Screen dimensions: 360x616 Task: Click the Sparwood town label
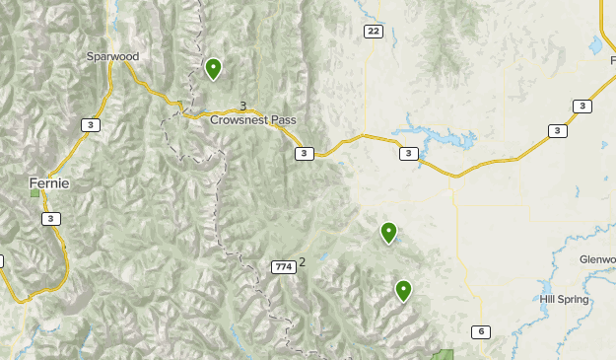(x=111, y=56)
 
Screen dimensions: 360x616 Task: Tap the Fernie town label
(x=49, y=182)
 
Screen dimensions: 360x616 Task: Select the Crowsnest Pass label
(x=252, y=119)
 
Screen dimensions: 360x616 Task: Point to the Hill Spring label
(x=564, y=299)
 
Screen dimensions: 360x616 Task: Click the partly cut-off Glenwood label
(x=597, y=259)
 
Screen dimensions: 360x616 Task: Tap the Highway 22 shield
(x=372, y=32)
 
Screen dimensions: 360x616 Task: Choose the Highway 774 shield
(x=283, y=266)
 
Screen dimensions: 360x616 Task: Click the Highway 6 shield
(x=480, y=331)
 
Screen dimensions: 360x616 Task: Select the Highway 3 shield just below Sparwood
(x=91, y=124)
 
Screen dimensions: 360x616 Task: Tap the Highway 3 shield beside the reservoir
(x=409, y=153)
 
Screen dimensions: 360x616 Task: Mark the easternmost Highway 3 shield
(x=582, y=106)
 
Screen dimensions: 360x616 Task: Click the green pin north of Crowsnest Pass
(x=213, y=68)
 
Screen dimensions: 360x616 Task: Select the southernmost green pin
(x=403, y=290)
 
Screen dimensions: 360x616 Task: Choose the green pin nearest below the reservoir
(x=388, y=233)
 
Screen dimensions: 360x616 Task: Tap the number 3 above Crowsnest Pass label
(x=242, y=106)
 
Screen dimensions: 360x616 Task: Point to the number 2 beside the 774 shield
(x=303, y=261)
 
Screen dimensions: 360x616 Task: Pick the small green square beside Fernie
(x=35, y=192)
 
